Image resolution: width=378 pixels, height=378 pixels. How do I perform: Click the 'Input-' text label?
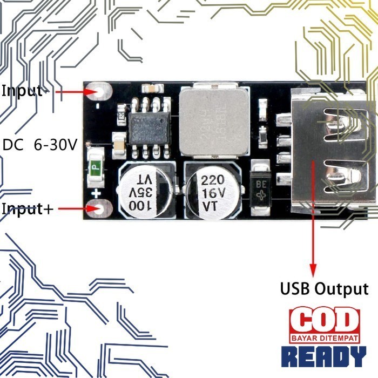click(x=22, y=91)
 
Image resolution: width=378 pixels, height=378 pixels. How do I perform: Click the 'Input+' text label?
click(x=28, y=209)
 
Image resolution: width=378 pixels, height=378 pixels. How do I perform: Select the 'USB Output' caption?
click(x=324, y=289)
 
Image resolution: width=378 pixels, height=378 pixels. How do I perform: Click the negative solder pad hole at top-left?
click(x=100, y=92)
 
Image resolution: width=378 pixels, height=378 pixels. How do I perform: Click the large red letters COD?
click(x=324, y=320)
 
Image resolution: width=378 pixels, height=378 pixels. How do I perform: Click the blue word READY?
click(x=324, y=357)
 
